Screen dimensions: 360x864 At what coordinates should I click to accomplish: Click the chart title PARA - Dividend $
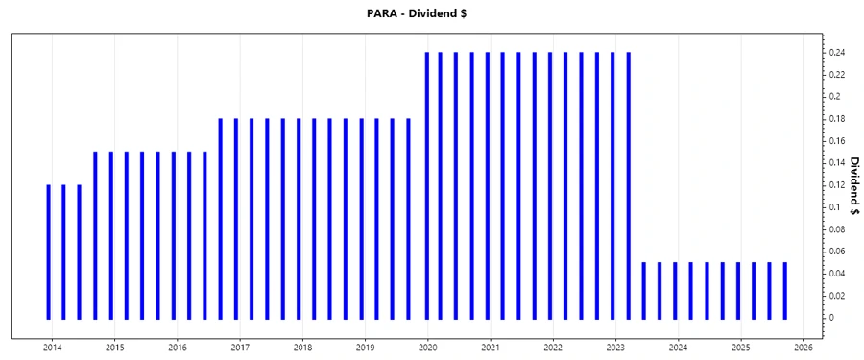(x=431, y=12)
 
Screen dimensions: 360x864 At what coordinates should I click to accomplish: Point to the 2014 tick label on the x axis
(x=52, y=347)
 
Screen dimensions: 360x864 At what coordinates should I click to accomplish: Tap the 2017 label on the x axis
(x=240, y=347)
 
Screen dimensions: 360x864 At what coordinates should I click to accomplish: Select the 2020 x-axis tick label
(x=428, y=347)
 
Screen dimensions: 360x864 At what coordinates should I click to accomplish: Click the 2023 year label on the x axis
(x=615, y=347)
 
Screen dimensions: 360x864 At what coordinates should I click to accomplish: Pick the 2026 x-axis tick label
(x=804, y=347)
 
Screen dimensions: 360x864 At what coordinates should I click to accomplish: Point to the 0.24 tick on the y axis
(x=837, y=52)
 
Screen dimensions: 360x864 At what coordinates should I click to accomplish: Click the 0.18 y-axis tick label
(x=837, y=119)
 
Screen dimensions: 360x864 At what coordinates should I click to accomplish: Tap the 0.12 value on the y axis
(x=837, y=185)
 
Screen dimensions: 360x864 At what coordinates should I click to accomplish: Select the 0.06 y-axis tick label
(x=837, y=251)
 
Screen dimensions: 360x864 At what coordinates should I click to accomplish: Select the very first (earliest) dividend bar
(x=48, y=252)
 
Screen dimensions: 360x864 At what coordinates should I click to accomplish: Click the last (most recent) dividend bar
(x=784, y=290)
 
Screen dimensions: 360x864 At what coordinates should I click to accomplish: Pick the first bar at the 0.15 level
(x=95, y=235)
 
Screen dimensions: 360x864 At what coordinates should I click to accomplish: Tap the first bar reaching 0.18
(x=221, y=219)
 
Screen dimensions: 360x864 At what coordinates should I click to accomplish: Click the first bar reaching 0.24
(x=424, y=185)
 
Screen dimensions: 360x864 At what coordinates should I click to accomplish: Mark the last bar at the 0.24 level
(x=628, y=185)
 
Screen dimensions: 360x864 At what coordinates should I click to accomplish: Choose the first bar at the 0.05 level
(x=643, y=290)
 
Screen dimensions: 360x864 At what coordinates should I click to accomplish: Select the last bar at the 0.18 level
(x=408, y=219)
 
